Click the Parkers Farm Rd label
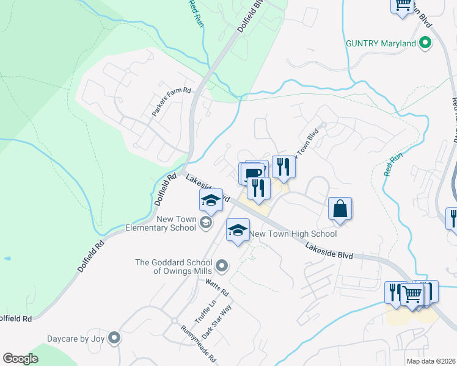tap(172, 102)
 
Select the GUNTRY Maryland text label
tap(381, 43)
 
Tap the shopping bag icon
tap(340, 209)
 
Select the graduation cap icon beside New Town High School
tap(238, 230)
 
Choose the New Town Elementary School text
tap(161, 224)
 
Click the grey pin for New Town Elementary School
tap(207, 224)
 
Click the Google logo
tap(20, 359)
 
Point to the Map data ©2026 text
tap(431, 361)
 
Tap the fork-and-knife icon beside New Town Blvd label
tap(283, 166)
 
